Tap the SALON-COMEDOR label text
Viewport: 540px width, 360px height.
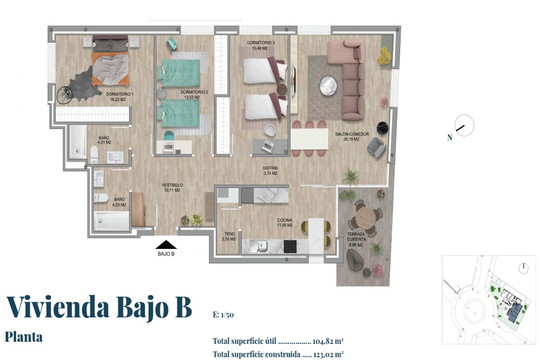pos(352,134)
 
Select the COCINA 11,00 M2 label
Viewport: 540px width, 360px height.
pos(285,223)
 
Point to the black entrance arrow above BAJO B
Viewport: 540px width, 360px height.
pos(166,244)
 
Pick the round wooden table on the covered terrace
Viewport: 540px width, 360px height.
pos(364,217)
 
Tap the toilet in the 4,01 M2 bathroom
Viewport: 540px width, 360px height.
pos(94,154)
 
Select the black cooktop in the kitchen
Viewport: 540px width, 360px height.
pos(291,247)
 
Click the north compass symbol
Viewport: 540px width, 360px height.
pos(464,125)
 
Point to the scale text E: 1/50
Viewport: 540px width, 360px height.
pos(223,315)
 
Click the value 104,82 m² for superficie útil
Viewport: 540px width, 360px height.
pos(328,341)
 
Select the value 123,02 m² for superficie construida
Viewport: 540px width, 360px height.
pos(328,354)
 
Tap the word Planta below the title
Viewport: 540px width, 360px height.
pos(24,337)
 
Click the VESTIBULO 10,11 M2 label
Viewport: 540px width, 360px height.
pos(172,188)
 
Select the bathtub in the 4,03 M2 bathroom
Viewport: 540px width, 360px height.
pos(112,221)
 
